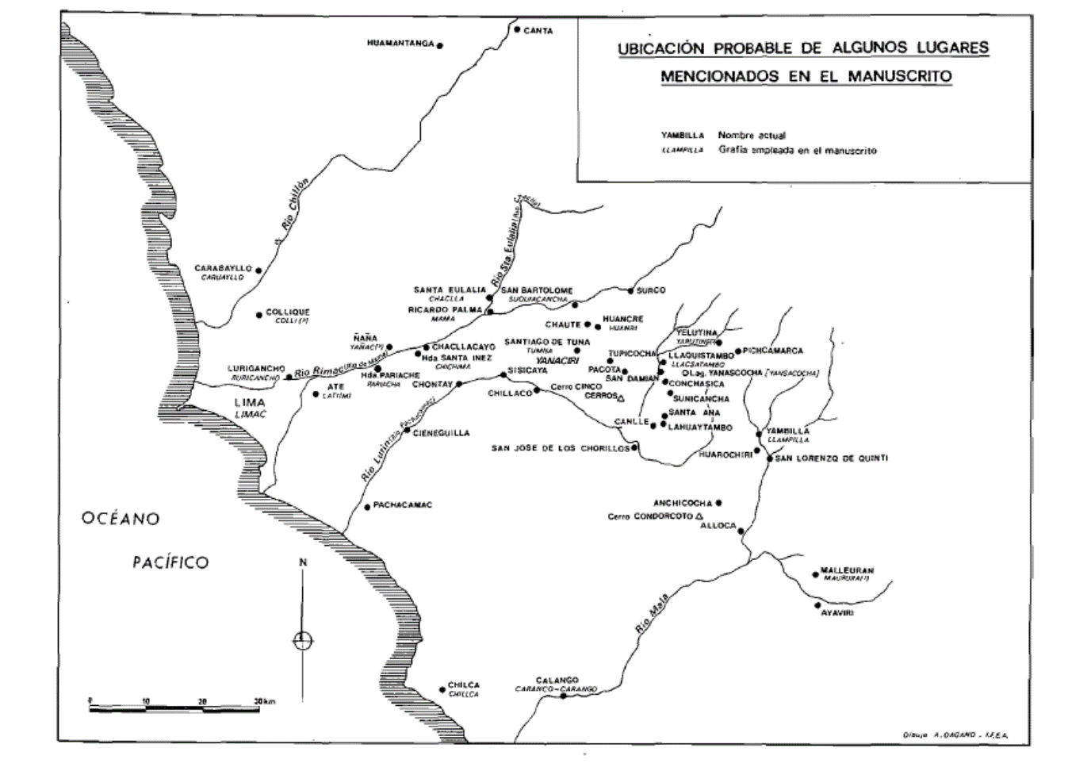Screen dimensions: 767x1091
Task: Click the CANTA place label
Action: [x=538, y=31]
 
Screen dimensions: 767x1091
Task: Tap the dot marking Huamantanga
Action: [x=440, y=45]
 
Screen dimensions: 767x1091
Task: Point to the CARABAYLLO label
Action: [x=223, y=268]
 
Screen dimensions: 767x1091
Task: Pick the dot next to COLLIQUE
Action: [x=259, y=315]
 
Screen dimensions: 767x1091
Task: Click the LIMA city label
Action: [x=250, y=402]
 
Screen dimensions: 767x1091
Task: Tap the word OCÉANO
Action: [x=121, y=519]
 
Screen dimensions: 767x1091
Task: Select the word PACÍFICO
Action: [x=170, y=562]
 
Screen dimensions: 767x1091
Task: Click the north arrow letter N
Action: [x=302, y=562]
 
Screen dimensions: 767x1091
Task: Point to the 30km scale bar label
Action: [x=264, y=702]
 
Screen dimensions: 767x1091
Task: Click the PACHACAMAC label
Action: [x=403, y=505]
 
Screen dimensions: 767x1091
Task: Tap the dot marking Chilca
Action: [x=442, y=690]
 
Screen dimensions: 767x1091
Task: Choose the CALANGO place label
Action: [x=557, y=680]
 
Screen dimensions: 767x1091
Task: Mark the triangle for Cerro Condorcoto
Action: [x=699, y=516]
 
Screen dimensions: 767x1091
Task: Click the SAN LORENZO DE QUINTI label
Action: [x=831, y=458]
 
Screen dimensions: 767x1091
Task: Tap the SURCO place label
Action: [x=651, y=290]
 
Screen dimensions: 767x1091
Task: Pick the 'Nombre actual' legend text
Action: [x=752, y=136]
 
